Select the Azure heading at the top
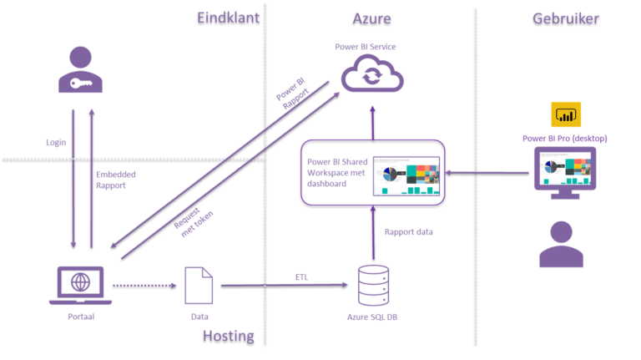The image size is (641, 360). click(x=371, y=18)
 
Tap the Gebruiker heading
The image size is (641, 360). click(x=565, y=18)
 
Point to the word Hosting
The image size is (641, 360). click(x=228, y=336)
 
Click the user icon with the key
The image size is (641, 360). click(x=80, y=70)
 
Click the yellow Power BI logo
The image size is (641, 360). click(x=565, y=114)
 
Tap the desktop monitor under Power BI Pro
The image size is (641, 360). click(x=565, y=171)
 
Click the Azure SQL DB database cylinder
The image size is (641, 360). click(x=372, y=285)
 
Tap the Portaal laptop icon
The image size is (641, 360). click(x=80, y=285)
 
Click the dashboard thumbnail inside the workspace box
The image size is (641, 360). click(x=405, y=174)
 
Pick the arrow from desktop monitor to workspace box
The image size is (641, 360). click(x=488, y=173)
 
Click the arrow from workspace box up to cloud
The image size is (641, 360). click(x=372, y=117)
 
